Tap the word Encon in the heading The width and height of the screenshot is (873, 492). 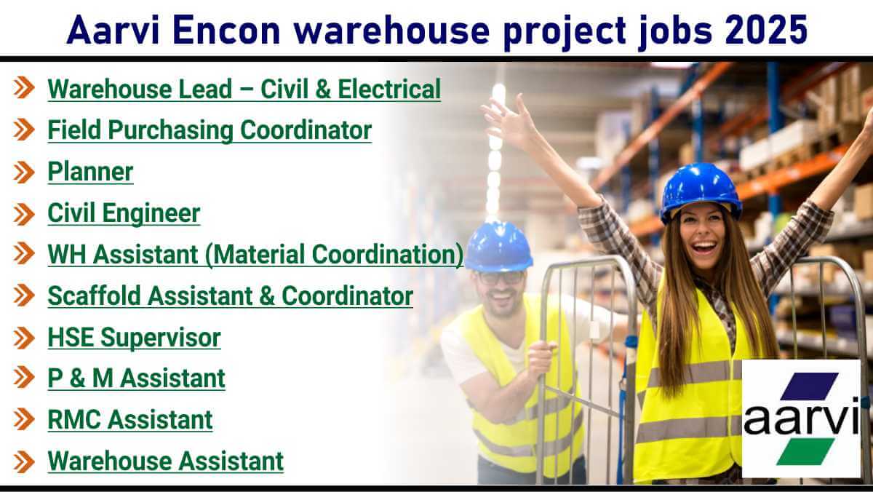(226, 30)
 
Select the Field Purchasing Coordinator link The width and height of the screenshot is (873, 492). (210, 130)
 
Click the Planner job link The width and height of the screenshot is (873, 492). (90, 171)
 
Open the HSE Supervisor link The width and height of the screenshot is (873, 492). (134, 337)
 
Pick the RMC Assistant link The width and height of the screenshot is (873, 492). (130, 420)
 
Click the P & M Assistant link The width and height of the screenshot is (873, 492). (137, 378)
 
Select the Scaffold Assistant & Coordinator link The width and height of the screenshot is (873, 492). (231, 296)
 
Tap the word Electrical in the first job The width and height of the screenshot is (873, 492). (389, 89)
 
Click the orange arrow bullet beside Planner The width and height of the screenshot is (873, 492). (24, 172)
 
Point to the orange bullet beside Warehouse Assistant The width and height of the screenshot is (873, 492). (24, 462)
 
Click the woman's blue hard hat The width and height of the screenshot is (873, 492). (701, 191)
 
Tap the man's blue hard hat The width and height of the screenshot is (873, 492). (498, 247)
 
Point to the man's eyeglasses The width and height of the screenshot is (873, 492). (500, 278)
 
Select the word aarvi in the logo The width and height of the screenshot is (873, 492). (801, 416)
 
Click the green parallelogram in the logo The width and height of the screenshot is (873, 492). (805, 451)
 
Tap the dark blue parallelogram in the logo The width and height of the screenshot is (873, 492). (810, 386)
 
